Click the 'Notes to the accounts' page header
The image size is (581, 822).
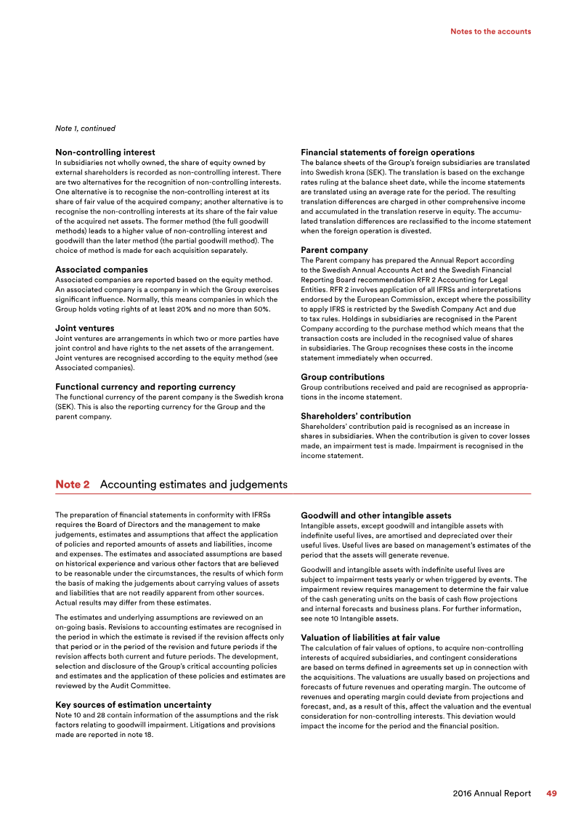coord(490,31)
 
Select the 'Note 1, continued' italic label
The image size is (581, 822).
coord(85,129)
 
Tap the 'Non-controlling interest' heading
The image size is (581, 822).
coord(105,153)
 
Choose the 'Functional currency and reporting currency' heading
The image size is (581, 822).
coord(145,387)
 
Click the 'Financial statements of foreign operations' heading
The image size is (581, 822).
coord(388,153)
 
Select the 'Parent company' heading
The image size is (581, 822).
coord(334,250)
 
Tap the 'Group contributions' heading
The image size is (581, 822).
coord(343,377)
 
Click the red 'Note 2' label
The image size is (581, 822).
coord(73,484)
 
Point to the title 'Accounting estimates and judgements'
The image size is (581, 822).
coord(193,484)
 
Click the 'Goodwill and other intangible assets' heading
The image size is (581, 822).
coord(376,516)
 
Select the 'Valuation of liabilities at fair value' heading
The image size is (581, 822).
coord(370,637)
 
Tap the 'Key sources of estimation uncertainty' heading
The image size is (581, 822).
coord(134,704)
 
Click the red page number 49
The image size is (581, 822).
coord(551,794)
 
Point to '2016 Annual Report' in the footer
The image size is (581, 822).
coord(492,794)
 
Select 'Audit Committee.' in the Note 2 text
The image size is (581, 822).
coord(142,685)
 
